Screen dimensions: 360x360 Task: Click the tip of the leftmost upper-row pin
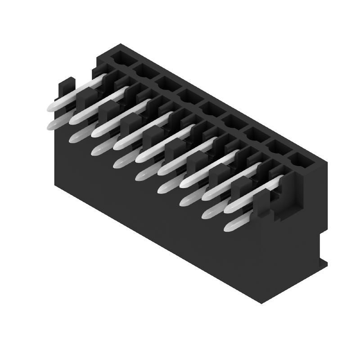click(50, 107)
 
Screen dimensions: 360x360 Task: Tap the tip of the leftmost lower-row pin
click(51, 126)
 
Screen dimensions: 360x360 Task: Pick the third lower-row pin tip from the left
click(95, 151)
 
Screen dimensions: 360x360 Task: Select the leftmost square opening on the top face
click(121, 58)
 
